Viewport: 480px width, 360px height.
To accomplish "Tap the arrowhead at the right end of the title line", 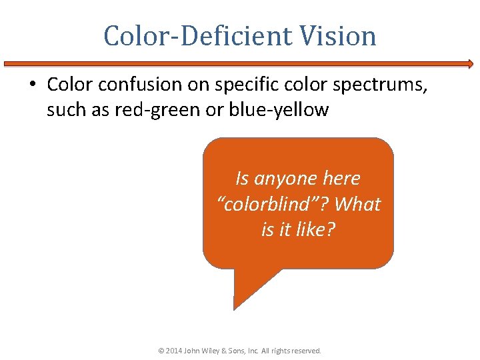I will [470, 64].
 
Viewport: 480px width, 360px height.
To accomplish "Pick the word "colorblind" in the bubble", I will [271, 204].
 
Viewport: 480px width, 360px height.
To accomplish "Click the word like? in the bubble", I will [316, 229].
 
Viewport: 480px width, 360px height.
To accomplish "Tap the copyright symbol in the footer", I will [161, 350].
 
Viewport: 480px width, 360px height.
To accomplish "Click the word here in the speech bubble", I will [341, 179].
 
